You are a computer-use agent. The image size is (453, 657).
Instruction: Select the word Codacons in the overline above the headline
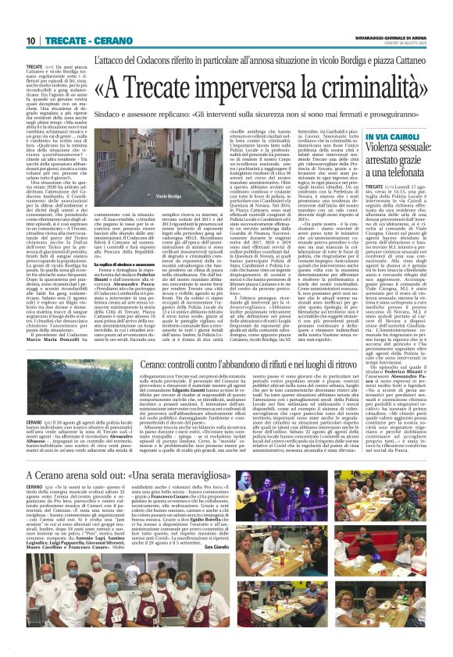coord(192,59)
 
